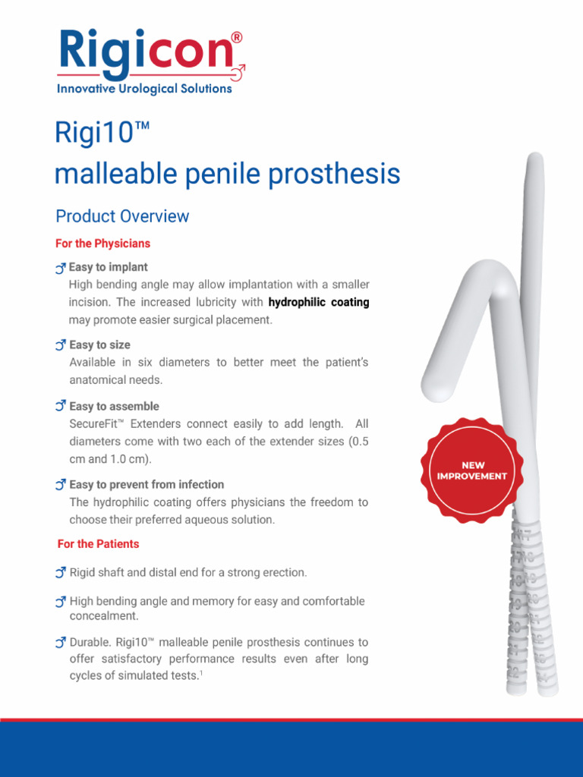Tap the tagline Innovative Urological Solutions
[x=144, y=89]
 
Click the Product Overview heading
[x=122, y=216]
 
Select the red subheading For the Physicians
[x=102, y=244]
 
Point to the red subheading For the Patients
[x=98, y=544]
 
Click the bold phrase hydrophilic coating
[x=319, y=302]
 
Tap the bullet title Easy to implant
[x=108, y=267]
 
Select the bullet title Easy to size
[x=99, y=344]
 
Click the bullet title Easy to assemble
[x=114, y=407]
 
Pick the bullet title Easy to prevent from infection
[x=147, y=484]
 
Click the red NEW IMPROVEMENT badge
[x=472, y=470]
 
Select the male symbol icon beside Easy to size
[x=61, y=345]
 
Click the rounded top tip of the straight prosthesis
[x=535, y=160]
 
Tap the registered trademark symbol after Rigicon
[x=237, y=37]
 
